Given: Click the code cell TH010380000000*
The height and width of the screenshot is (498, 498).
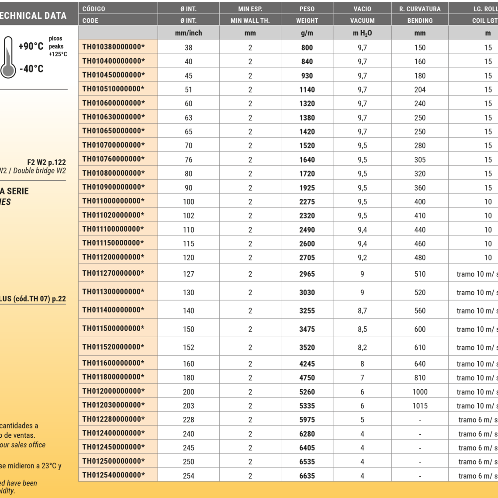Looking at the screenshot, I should (x=113, y=47).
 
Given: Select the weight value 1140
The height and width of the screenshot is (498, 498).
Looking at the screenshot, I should (x=307, y=90).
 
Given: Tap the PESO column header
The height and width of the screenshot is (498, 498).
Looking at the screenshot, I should (x=307, y=9).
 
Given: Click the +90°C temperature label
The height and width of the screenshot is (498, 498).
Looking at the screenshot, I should (x=31, y=46).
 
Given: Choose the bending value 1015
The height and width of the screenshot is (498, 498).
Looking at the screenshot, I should (x=420, y=406).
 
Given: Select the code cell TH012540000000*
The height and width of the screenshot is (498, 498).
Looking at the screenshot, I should (x=113, y=475).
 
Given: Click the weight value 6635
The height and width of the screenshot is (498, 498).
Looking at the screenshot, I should (x=307, y=476).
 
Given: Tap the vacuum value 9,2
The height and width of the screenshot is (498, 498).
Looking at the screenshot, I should (x=362, y=257).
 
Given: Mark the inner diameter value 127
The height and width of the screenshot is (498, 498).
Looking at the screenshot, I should (x=188, y=274).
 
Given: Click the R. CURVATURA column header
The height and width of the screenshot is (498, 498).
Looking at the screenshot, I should (x=420, y=9).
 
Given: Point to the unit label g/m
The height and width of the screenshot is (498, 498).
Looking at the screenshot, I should (x=307, y=33).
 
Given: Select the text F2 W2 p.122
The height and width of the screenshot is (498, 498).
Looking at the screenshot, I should (x=46, y=162).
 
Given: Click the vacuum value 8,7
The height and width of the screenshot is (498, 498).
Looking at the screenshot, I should (x=362, y=311).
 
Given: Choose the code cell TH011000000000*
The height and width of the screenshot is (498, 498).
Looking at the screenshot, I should (x=113, y=201).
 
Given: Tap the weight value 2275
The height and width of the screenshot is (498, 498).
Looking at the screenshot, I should (x=307, y=201).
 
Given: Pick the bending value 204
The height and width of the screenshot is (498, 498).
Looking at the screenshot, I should (x=420, y=90).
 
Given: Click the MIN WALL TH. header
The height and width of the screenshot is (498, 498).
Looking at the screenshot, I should (x=250, y=21).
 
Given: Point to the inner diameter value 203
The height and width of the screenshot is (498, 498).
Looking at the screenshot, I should (x=188, y=406).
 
